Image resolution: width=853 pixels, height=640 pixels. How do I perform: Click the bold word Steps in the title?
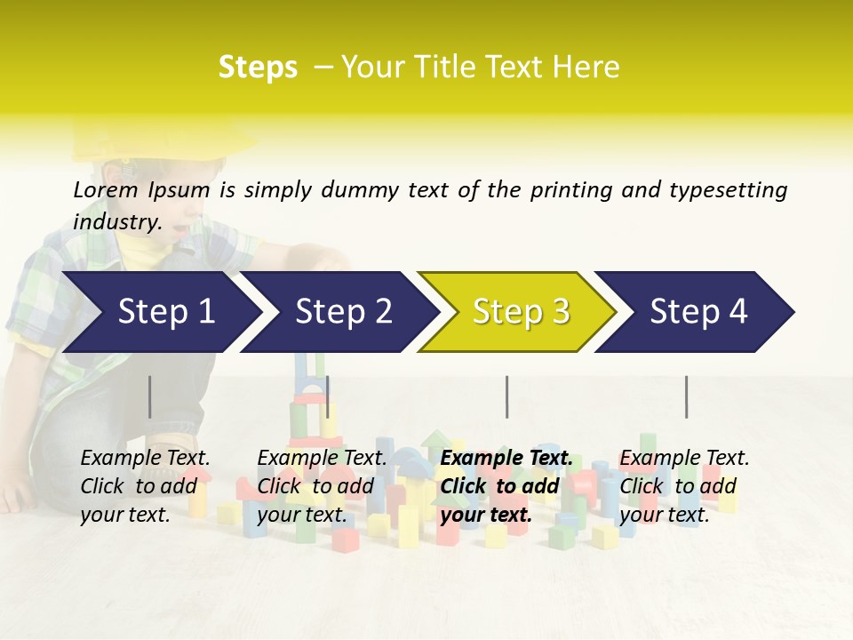tap(258, 68)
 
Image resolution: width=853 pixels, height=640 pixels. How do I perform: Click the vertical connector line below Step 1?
tap(150, 396)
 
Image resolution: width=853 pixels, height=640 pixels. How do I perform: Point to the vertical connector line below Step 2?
tap(328, 396)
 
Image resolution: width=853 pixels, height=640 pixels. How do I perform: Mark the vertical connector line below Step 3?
tap(507, 396)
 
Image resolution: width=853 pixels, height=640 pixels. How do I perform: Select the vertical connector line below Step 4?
tap(686, 396)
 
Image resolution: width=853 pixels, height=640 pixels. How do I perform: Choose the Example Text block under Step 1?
tap(146, 486)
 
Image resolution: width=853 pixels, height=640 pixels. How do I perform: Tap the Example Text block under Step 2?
tap(322, 486)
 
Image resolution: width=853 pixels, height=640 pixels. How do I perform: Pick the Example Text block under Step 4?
tap(684, 486)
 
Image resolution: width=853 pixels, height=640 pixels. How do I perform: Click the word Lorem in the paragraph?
tap(106, 189)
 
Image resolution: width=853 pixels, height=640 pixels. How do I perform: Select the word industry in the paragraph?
tap(116, 222)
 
